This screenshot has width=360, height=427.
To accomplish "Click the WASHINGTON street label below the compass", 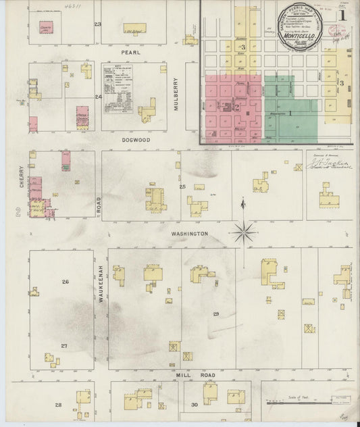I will point(190,234).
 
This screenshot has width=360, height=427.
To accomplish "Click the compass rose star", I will point(243,232).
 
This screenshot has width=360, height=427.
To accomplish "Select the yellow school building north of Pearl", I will point(134,28).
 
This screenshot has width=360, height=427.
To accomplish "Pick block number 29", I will point(216,314).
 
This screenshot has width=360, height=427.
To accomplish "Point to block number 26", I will point(65,282).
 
